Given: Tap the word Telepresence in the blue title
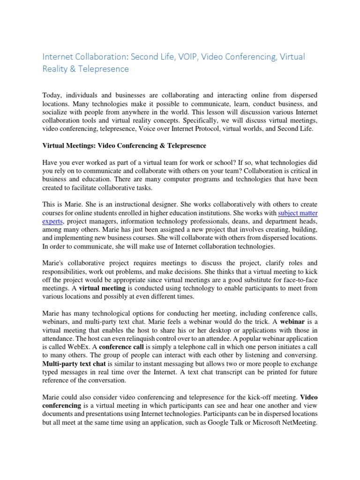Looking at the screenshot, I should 103,69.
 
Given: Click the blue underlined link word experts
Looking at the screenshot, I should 52,221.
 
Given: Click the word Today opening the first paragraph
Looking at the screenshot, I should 52,95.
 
